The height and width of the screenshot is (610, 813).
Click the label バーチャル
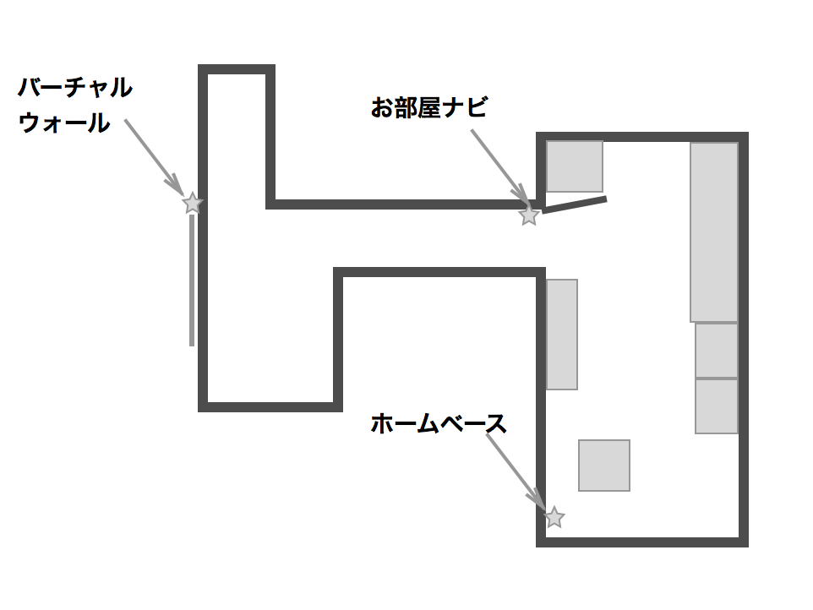[75, 87]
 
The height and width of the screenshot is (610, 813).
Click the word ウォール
[64, 123]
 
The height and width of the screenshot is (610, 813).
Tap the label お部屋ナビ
[428, 108]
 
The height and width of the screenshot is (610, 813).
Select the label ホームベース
[438, 423]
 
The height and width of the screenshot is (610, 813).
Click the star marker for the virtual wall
[193, 203]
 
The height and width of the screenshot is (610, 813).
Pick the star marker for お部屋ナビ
[529, 215]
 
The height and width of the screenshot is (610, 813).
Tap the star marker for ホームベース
[554, 517]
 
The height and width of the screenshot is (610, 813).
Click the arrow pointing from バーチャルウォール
[153, 156]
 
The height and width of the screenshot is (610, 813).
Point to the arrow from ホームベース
[516, 471]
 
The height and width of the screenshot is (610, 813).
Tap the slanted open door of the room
[575, 204]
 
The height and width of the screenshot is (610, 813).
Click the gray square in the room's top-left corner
[575, 166]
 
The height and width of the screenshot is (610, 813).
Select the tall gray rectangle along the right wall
[714, 232]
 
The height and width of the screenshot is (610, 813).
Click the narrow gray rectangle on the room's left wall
[562, 335]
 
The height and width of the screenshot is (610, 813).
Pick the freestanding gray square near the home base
[604, 466]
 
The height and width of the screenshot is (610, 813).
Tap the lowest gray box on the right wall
[717, 406]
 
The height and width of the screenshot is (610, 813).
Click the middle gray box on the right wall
[717, 351]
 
